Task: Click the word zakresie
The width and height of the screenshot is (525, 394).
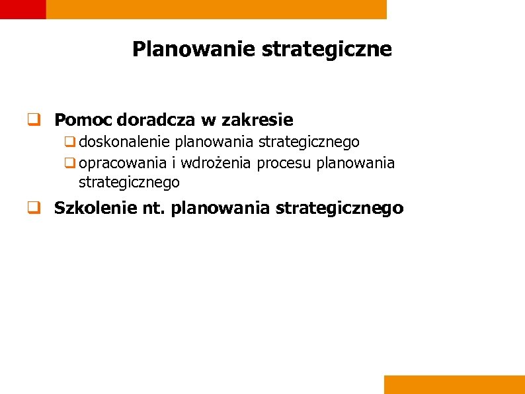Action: tap(257, 121)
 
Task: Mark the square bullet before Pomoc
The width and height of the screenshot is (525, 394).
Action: tap(30, 121)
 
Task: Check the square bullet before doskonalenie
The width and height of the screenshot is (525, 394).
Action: tap(69, 142)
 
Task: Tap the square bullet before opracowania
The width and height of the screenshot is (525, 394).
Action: tap(69, 163)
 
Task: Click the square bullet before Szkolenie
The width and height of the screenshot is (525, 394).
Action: tap(30, 209)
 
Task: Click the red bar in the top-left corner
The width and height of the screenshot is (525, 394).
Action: tap(22, 9)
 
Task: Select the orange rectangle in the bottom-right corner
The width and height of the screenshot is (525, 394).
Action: tap(454, 385)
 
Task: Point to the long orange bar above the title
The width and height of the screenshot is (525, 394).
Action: tap(217, 9)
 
